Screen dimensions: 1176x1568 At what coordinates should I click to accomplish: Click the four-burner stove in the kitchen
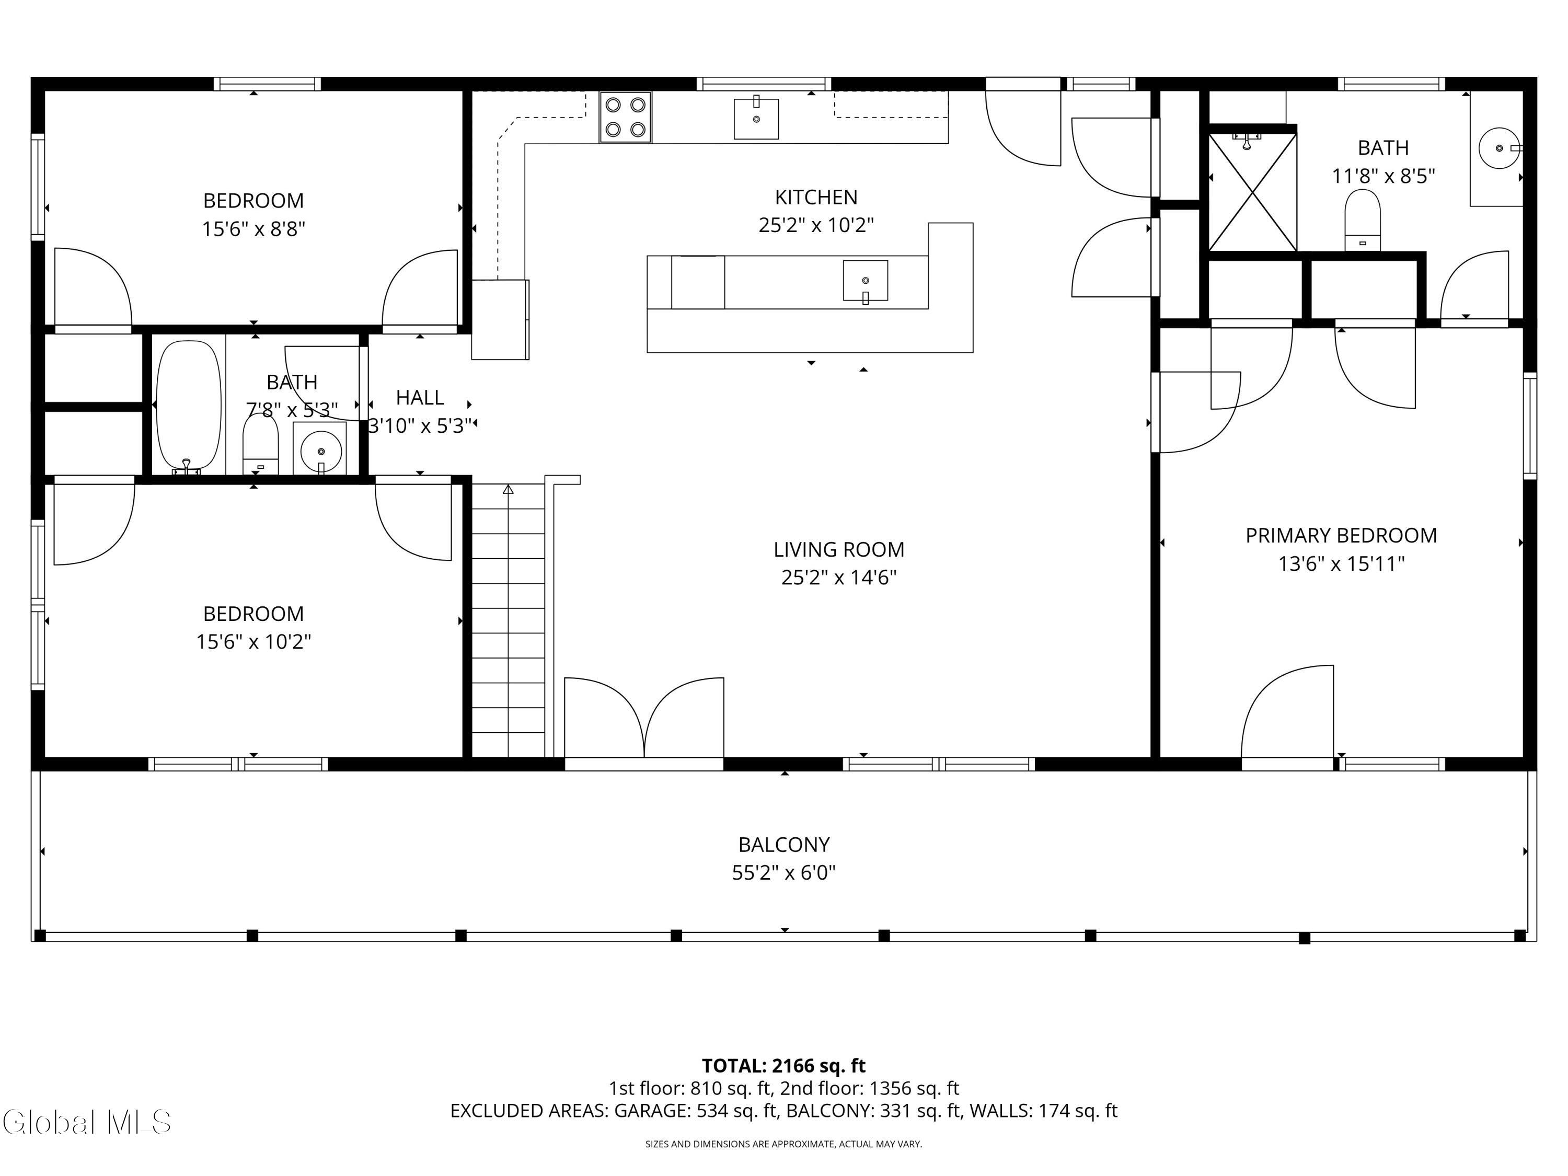coord(625,117)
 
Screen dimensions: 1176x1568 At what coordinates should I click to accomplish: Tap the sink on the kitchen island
coord(865,281)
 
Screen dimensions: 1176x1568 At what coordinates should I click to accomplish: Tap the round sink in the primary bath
coord(1498,148)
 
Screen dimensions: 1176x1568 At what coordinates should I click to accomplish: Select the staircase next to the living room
coord(508,620)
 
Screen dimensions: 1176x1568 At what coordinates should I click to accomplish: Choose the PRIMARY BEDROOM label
coord(1341,535)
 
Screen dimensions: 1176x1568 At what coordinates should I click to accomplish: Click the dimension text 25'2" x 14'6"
coord(838,578)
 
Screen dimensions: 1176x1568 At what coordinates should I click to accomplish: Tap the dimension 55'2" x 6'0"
coord(783,873)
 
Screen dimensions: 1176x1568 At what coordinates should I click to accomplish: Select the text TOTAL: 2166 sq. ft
coord(783,1065)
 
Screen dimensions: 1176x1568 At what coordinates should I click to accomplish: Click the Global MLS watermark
coord(86,1122)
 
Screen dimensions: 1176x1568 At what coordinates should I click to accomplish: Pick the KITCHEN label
coord(816,197)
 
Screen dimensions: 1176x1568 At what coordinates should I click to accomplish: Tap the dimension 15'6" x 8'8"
coord(253,229)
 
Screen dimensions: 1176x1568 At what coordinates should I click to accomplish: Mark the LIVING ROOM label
coord(838,549)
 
